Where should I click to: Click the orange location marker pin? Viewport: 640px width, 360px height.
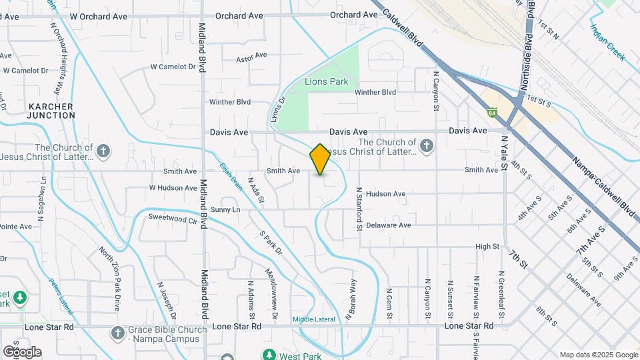coord(320,159)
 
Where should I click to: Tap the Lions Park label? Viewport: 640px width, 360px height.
coord(326,81)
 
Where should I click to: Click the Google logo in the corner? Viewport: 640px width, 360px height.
coord(22,351)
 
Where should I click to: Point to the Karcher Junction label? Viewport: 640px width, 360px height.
coord(51,111)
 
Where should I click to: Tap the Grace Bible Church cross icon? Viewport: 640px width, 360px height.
coord(118,333)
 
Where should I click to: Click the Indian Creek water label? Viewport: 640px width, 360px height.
coord(607,43)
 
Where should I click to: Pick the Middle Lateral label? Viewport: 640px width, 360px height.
coord(313,319)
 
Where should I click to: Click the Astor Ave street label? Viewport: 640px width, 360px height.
coord(251,58)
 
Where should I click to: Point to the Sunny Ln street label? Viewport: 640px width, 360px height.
coord(225,209)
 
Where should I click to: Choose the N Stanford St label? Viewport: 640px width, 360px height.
coord(359,209)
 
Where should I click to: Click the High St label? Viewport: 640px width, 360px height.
coord(487,247)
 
